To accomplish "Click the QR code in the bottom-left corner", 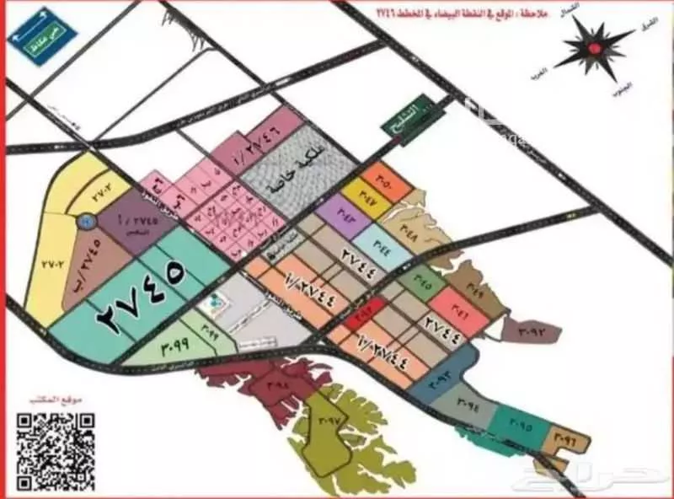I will point(56,450).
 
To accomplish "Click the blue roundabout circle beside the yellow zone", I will point(85,221).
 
